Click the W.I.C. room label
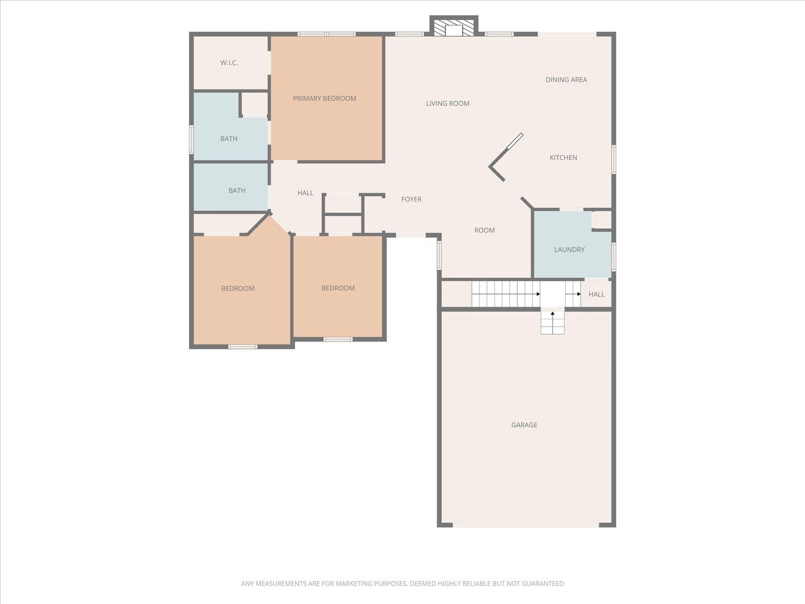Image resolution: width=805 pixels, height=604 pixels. pyautogui.click(x=229, y=63)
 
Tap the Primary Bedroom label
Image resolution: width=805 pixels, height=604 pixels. pyautogui.click(x=324, y=98)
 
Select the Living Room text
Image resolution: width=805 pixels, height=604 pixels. pyautogui.click(x=447, y=103)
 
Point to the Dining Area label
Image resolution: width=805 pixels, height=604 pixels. pyautogui.click(x=566, y=80)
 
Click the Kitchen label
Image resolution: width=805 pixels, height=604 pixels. pyautogui.click(x=563, y=158)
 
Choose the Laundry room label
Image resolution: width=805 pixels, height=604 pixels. pyautogui.click(x=569, y=250)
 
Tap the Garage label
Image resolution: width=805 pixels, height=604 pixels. pyautogui.click(x=524, y=425)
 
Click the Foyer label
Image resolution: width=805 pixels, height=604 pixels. pyautogui.click(x=411, y=199)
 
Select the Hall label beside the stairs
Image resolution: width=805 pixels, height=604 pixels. pyautogui.click(x=596, y=294)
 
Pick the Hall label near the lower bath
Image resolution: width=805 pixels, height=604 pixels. pyautogui.click(x=305, y=193)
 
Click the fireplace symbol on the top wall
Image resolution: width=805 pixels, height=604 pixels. pyautogui.click(x=453, y=28)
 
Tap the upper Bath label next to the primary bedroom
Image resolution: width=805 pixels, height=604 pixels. pyautogui.click(x=229, y=139)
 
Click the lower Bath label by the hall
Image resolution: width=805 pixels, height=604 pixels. pyautogui.click(x=236, y=191)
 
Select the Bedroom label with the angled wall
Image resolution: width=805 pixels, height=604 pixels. pyautogui.click(x=238, y=289)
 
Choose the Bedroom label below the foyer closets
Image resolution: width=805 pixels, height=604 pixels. pyautogui.click(x=338, y=288)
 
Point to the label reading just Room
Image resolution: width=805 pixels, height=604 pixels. pyautogui.click(x=484, y=230)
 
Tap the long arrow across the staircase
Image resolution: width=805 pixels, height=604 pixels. pyautogui.click(x=506, y=294)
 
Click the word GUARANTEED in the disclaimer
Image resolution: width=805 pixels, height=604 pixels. pyautogui.click(x=542, y=583)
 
